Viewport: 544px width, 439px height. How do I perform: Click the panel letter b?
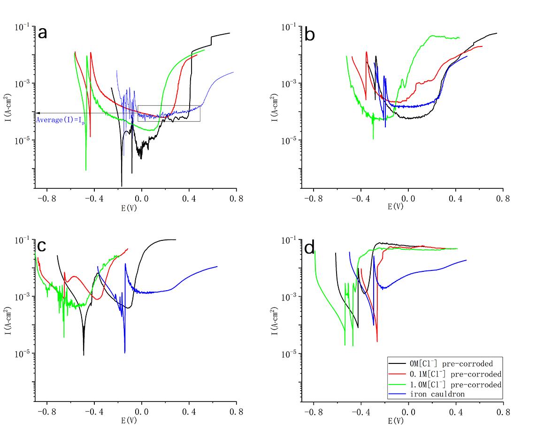tap(310, 34)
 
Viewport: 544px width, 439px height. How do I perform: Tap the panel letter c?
tap(42, 246)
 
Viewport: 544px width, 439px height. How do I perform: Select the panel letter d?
tap(310, 247)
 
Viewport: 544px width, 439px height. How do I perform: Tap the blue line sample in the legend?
tap(397, 394)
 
